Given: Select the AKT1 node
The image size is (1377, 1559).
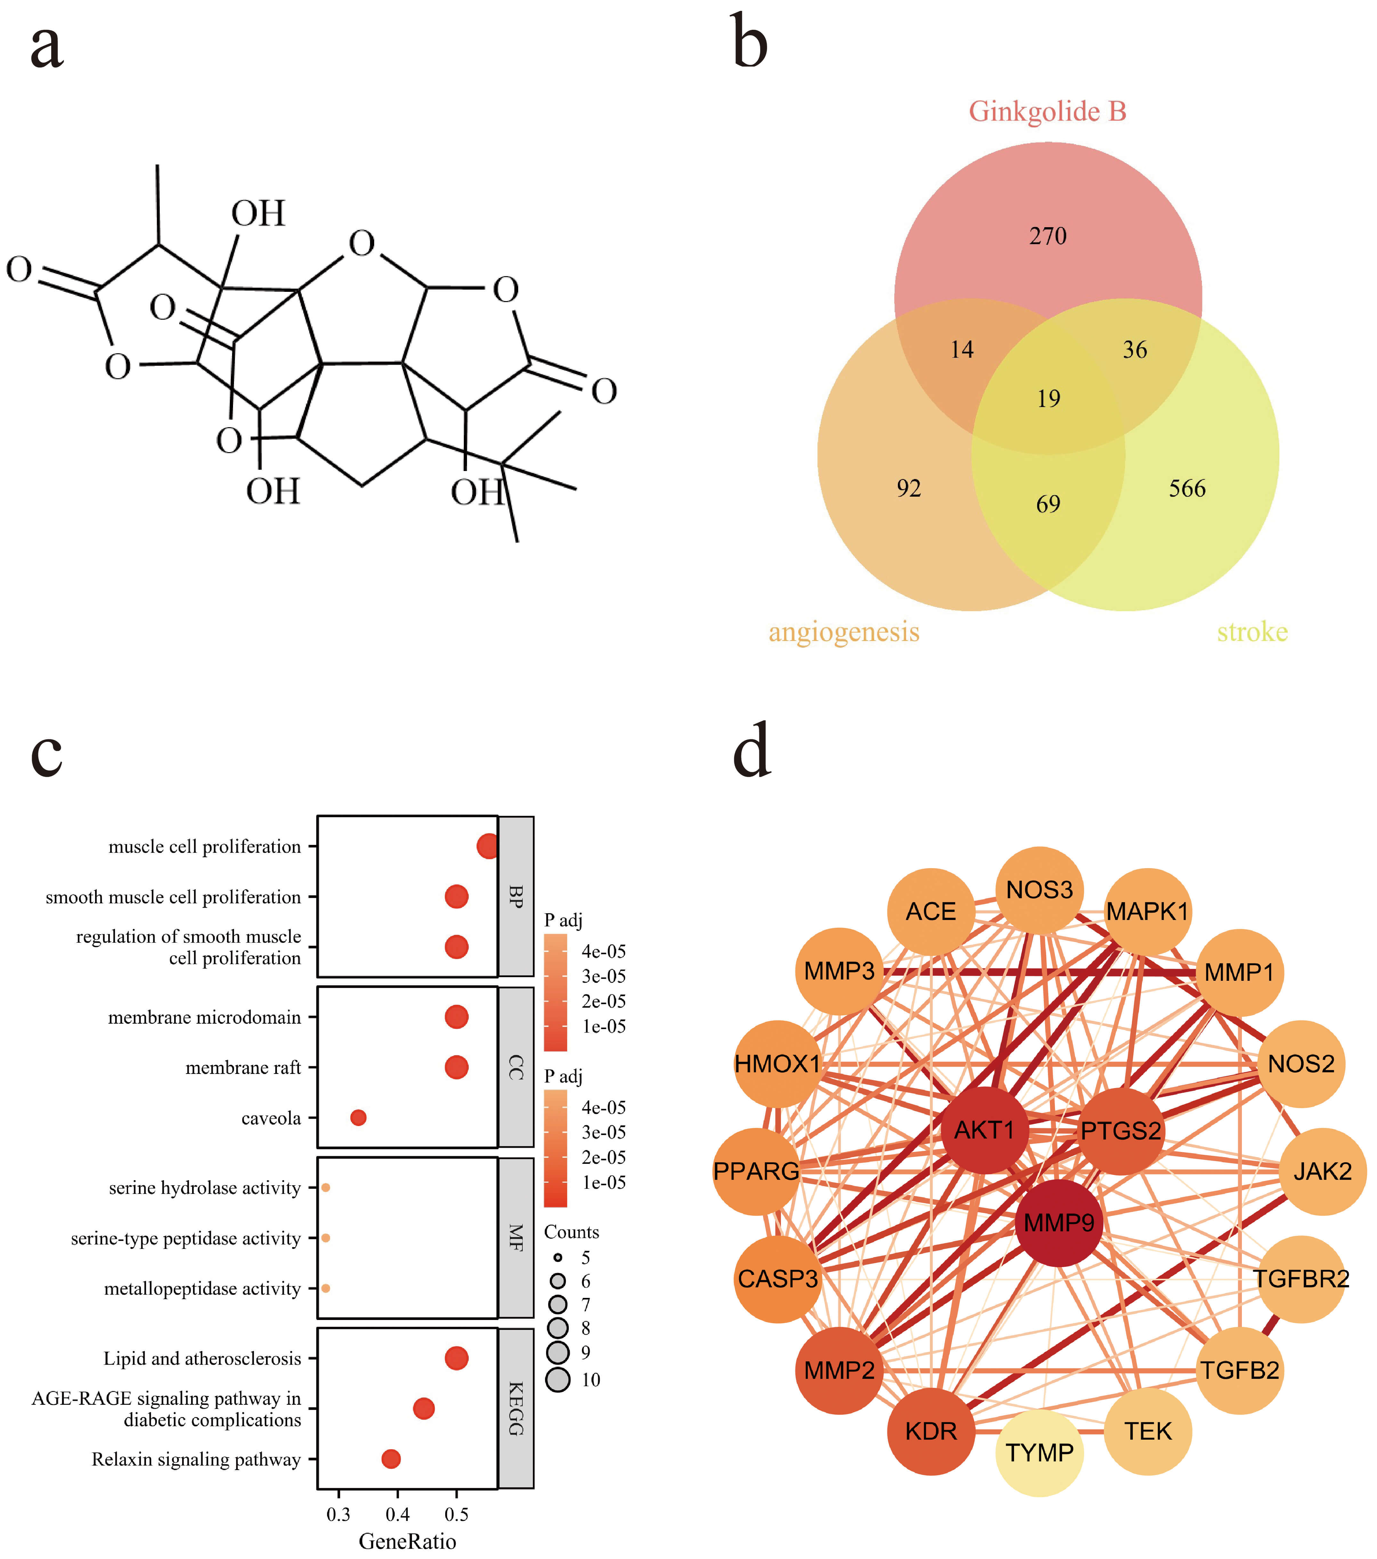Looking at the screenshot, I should pos(984,1130).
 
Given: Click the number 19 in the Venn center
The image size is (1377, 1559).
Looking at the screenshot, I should pos(1048,398).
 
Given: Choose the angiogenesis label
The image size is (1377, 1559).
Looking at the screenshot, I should pos(844,632).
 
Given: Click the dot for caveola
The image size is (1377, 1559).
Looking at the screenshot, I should pos(358,1117).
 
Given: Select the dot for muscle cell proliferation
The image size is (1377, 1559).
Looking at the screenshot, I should pos(487,846).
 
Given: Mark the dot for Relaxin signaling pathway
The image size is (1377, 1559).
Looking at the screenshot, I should pos(391,1459).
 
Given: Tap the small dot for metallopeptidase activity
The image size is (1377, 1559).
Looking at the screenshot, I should pos(326,1288).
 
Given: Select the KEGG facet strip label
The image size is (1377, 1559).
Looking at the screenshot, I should pos(516,1409).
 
